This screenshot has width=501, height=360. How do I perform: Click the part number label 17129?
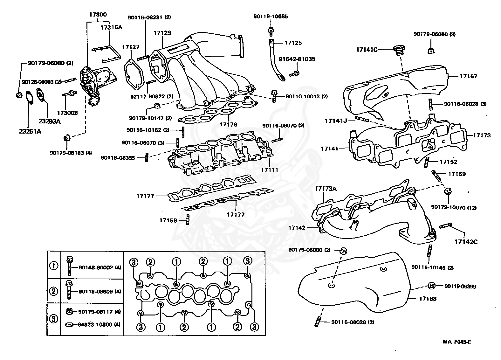162,33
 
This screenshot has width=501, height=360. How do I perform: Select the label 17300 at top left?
98,14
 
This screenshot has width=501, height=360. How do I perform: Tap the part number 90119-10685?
271,16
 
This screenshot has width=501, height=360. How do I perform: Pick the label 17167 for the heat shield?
468,76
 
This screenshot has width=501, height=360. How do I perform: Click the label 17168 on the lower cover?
428,299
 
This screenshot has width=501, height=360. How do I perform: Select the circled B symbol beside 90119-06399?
431,286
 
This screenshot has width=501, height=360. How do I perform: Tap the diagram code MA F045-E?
457,342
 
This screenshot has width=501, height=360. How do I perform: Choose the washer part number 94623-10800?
95,325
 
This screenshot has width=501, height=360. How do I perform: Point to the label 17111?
270,170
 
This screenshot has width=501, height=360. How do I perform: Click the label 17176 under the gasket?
228,125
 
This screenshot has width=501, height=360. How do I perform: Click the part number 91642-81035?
297,59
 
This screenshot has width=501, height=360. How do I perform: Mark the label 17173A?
326,189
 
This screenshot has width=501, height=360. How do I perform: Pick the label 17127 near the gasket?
131,47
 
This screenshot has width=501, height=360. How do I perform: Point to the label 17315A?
111,27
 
